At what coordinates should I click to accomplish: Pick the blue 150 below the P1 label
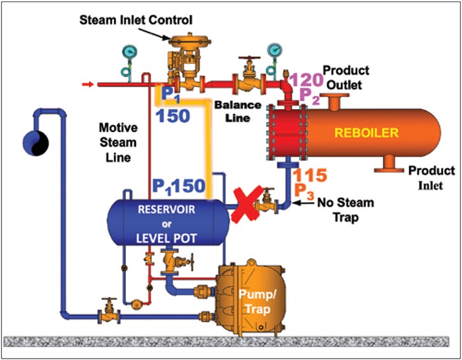[172, 116]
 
